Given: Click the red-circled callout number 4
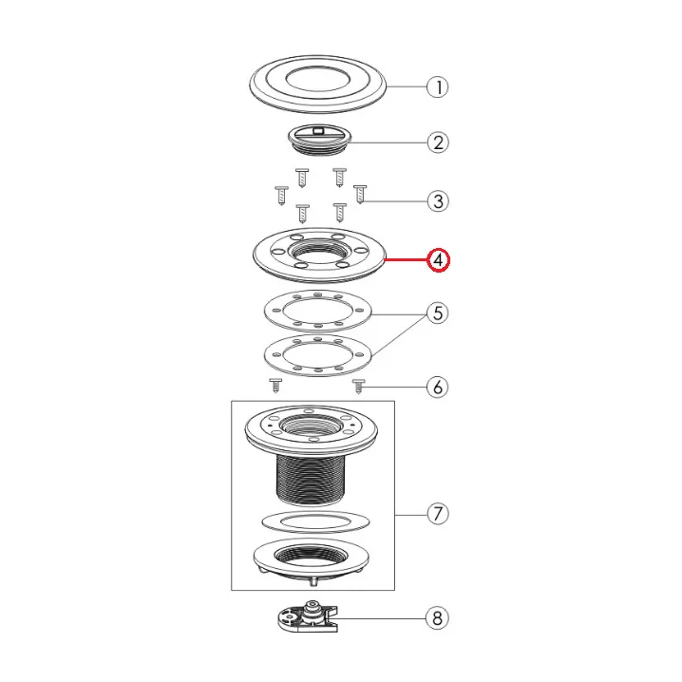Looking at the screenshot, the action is point(438,260).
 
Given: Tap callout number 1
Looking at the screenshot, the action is point(438,87).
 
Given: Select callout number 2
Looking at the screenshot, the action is point(438,142).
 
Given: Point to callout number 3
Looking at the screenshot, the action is point(438,201).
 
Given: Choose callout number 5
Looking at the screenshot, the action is point(438,313).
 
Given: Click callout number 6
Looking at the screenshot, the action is point(438,388).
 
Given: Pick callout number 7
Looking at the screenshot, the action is point(438,514).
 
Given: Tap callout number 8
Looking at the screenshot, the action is point(437,618).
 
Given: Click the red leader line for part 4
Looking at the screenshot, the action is point(406,260).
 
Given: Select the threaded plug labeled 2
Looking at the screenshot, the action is point(320,140).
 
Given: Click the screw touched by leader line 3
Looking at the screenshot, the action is point(360,194).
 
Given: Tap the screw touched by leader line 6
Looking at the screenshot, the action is point(358,387).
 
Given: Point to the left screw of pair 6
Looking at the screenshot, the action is point(275,386).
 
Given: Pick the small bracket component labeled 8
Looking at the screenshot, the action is point(308,616).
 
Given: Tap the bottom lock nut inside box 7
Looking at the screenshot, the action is point(311,563).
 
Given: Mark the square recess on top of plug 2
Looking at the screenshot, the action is point(319,129).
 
